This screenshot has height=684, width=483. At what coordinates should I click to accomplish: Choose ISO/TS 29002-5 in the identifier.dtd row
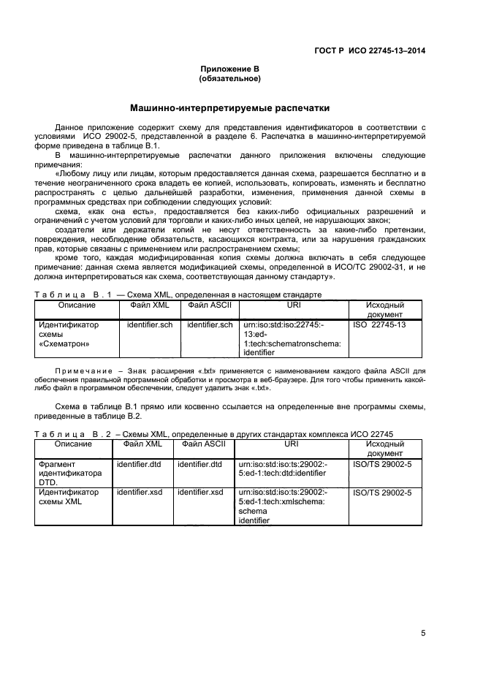[382, 464]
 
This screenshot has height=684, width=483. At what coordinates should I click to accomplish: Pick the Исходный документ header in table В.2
[384, 448]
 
